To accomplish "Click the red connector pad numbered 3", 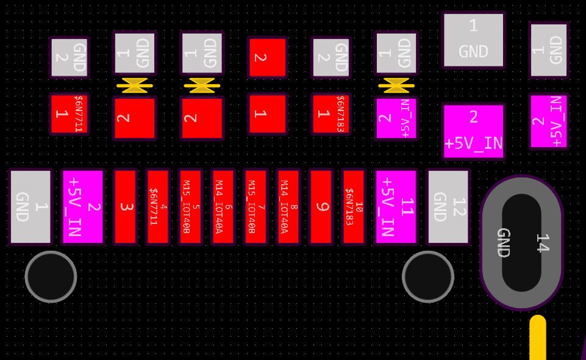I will (125, 207).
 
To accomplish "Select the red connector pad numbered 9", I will (321, 207).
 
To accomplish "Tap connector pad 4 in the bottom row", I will (157, 207).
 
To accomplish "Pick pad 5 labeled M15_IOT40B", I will (190, 207).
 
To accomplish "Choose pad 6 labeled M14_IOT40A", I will (223, 207).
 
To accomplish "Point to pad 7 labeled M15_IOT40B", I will (255, 207).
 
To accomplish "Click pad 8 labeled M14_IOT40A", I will (288, 207).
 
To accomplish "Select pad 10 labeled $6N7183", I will (354, 207).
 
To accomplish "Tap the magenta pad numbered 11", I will (396, 206).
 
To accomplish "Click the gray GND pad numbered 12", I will (449, 207).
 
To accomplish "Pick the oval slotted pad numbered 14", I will (521, 242).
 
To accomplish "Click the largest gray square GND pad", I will (474, 40).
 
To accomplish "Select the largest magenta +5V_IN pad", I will (474, 131).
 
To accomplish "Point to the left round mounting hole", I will (51, 276).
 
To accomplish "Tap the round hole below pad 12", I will (428, 276).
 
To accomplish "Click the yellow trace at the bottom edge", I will (538, 339).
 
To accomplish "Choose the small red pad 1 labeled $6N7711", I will (69, 114).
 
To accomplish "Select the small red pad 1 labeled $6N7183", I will (331, 114).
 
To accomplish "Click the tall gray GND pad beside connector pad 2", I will (30, 207).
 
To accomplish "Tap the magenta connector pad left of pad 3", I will (83, 206).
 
